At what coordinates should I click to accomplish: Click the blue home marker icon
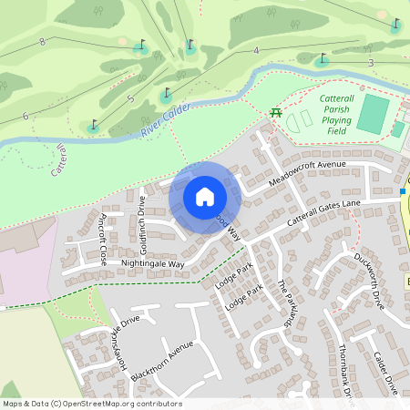(x=205, y=197)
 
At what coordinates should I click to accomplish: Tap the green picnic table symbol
(x=274, y=112)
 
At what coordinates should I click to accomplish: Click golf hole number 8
(x=43, y=42)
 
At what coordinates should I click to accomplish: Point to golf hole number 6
(x=25, y=116)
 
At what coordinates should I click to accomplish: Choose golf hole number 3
(x=371, y=62)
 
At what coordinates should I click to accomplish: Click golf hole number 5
(x=131, y=98)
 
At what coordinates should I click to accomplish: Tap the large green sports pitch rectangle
(x=372, y=114)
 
